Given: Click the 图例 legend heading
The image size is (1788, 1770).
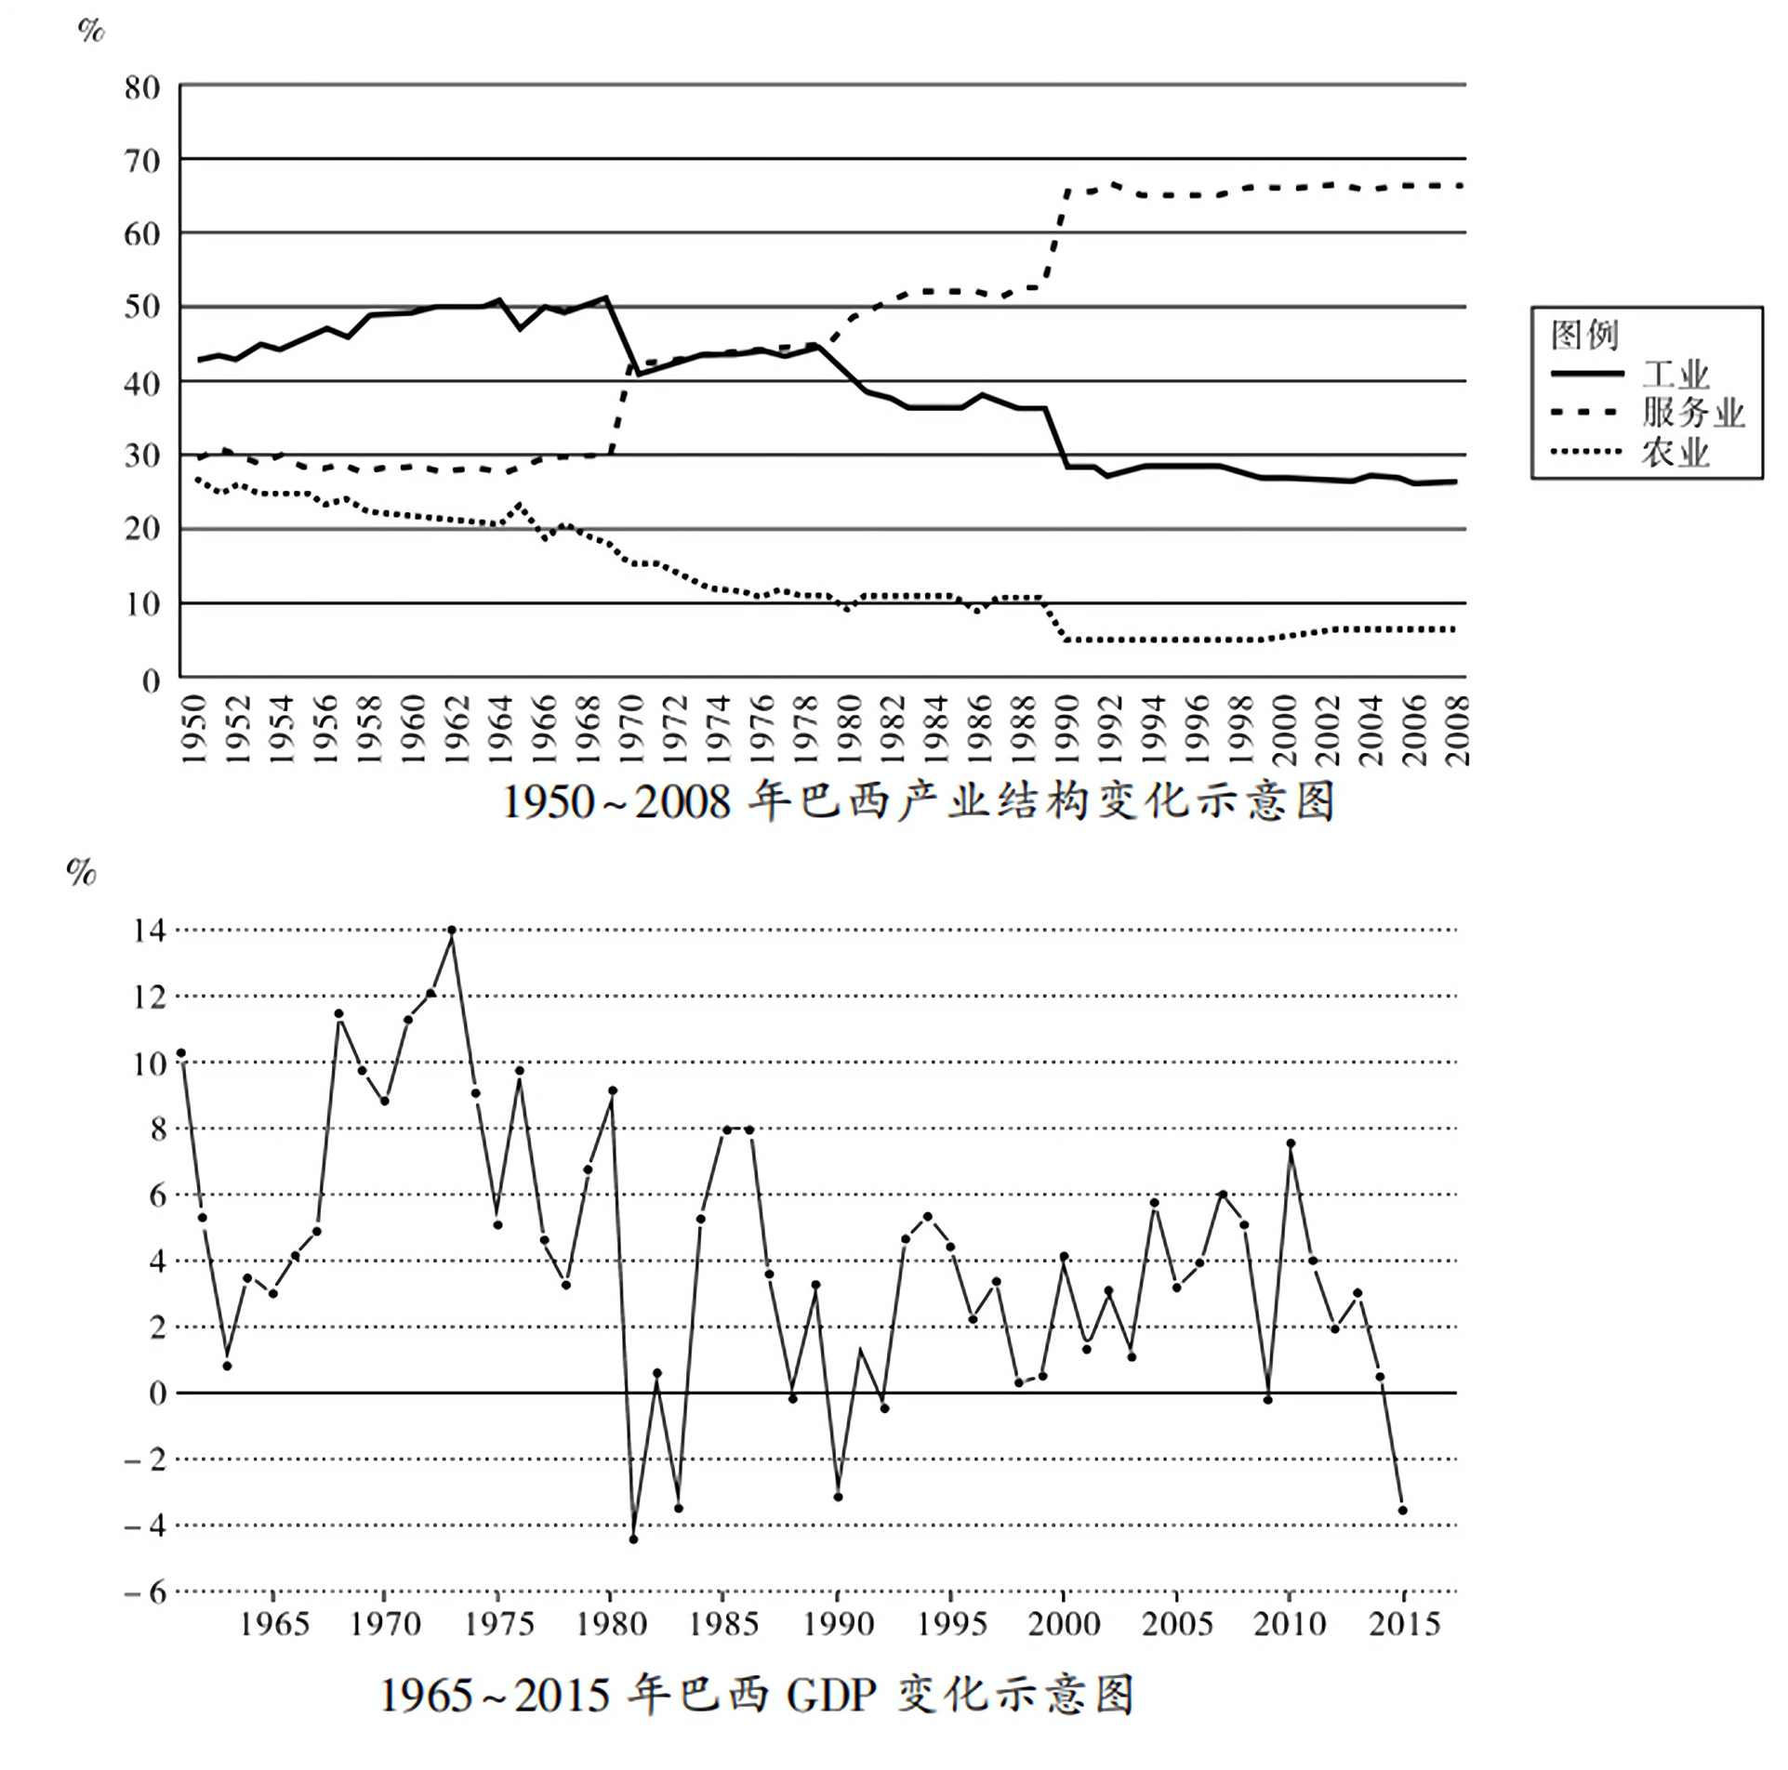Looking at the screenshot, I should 1584,335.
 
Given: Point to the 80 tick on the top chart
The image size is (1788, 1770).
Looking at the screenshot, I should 142,88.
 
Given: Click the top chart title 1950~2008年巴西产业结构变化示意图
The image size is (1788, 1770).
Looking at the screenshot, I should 918,801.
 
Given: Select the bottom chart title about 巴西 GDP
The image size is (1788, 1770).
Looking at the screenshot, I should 757,1694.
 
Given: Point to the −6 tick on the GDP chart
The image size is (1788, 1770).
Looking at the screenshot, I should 145,1592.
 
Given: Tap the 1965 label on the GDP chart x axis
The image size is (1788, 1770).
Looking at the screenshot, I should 274,1624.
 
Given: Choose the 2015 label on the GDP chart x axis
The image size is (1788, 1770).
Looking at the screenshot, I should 1404,1624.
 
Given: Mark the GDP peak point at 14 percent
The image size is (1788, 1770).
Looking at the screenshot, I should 452,931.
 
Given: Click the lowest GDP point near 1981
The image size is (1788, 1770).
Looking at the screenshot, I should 633,1539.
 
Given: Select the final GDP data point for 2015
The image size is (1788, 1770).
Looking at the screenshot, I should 1402,1511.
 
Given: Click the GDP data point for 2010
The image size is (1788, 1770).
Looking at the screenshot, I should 1291,1143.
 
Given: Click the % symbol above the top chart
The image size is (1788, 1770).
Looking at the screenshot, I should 91,31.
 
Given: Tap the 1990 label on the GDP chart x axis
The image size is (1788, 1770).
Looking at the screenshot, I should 838,1624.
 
